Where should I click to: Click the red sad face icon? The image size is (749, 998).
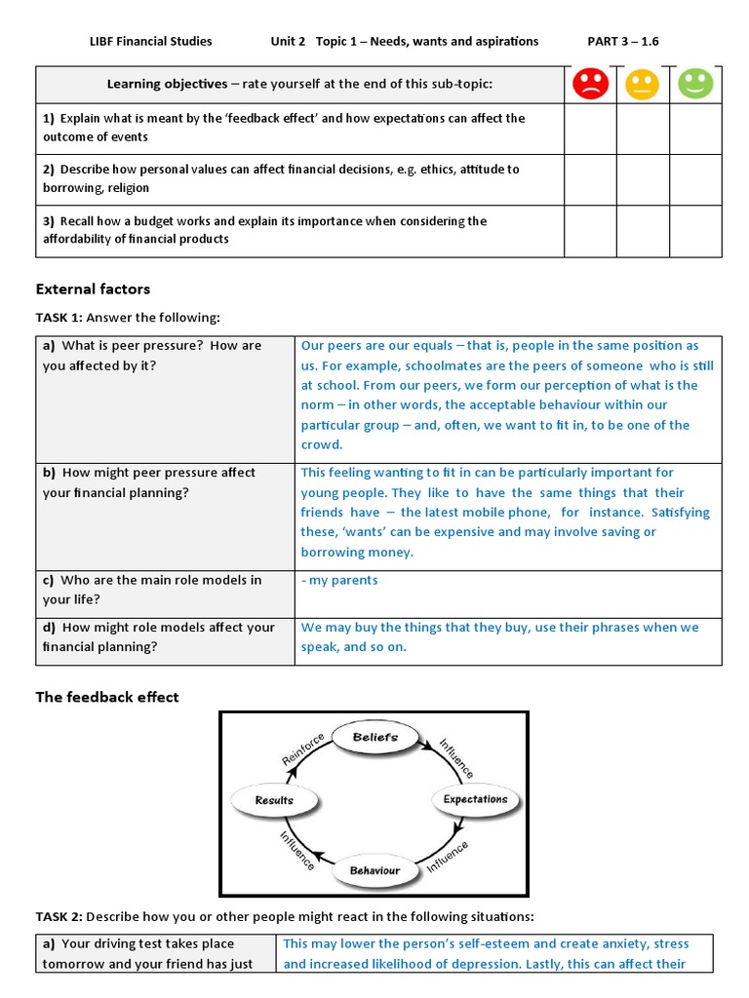click(x=590, y=85)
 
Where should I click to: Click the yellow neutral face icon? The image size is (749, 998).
click(x=642, y=85)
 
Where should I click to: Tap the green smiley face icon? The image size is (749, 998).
click(x=695, y=85)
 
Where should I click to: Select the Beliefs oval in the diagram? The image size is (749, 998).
click(x=374, y=738)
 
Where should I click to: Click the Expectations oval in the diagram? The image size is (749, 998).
click(x=475, y=799)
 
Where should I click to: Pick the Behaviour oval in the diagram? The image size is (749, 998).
click(x=374, y=869)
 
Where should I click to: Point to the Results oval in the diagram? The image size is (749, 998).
click(x=274, y=800)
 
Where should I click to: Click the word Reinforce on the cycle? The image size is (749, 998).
click(x=303, y=749)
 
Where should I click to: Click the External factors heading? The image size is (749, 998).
click(x=93, y=289)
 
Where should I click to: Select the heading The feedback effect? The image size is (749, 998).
click(x=107, y=697)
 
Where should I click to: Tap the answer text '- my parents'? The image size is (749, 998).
click(x=339, y=581)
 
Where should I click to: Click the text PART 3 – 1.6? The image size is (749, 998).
click(x=629, y=41)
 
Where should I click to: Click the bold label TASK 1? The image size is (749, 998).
click(x=59, y=318)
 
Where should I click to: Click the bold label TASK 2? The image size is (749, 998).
click(x=59, y=917)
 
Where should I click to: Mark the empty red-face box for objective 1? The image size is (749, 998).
click(x=590, y=129)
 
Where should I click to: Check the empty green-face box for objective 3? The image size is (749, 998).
click(x=695, y=231)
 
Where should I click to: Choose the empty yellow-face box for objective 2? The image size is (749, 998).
click(x=642, y=179)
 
